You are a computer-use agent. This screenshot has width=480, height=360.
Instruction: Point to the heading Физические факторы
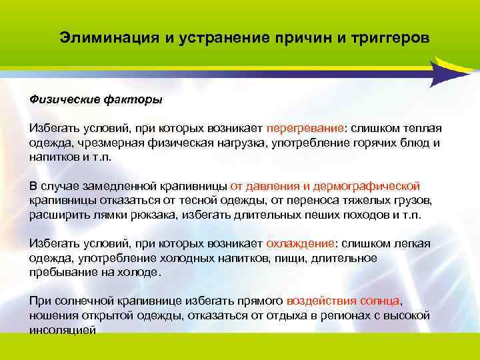95,99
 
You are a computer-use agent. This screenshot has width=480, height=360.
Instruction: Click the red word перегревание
305,128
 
